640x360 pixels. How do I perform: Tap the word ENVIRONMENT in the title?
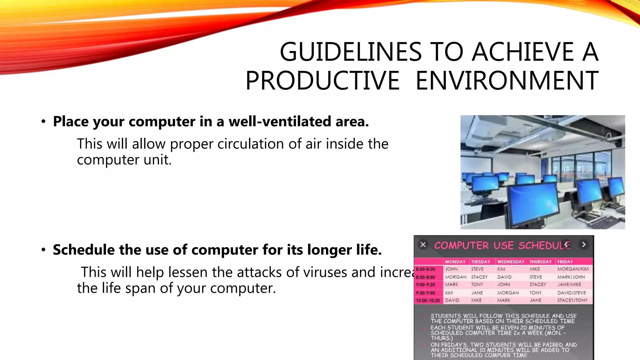tap(507, 81)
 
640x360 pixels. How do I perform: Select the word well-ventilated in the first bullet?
tap(280, 122)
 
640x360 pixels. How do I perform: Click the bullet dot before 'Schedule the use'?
tap(43, 250)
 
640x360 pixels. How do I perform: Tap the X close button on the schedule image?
tap(423, 245)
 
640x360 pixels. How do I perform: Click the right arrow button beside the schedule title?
tap(583, 245)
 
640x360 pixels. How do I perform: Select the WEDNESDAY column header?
tap(511, 262)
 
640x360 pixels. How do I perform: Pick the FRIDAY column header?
tap(565, 262)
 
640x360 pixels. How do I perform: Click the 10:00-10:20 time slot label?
tap(427, 300)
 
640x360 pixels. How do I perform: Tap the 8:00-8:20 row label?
tap(425, 269)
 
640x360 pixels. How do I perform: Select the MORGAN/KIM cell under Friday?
tap(573, 269)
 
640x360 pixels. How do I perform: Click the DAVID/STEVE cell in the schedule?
tap(572, 293)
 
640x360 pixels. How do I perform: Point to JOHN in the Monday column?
tap(451, 269)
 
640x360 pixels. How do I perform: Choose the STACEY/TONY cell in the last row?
tap(572, 300)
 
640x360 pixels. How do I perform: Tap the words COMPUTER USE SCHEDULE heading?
tap(502, 245)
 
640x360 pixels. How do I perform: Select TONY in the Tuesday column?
tap(477, 285)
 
